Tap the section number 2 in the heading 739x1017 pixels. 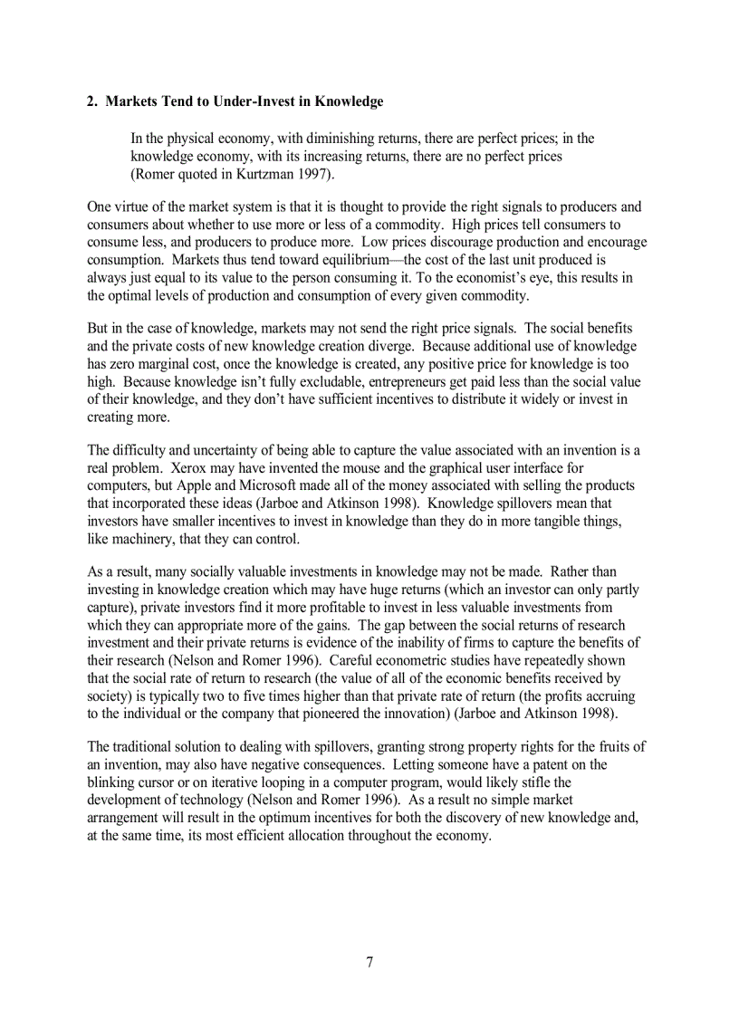(91, 101)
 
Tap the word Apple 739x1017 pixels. (196, 485)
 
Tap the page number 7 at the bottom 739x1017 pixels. (369, 962)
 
